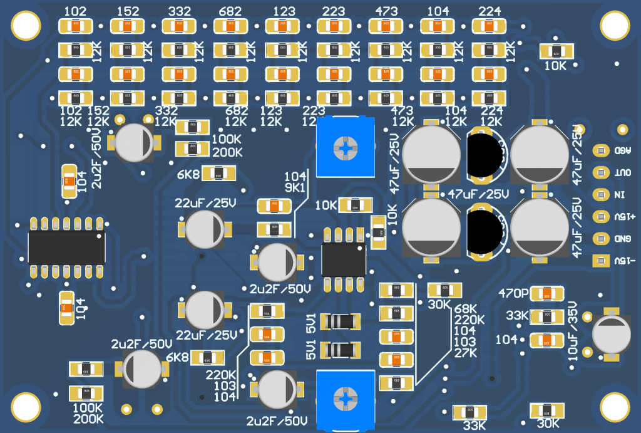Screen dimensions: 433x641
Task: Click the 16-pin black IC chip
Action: pyautogui.click(x=66, y=248)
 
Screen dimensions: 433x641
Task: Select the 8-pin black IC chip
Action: pyautogui.click(x=343, y=260)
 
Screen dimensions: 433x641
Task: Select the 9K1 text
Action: pyautogui.click(x=295, y=187)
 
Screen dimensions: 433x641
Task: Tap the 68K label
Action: pyautogui.click(x=466, y=309)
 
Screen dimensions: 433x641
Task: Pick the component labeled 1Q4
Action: pyautogui.click(x=66, y=307)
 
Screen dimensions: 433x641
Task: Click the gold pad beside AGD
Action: pyautogui.click(x=600, y=151)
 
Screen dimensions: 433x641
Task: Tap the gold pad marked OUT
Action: pyautogui.click(x=600, y=173)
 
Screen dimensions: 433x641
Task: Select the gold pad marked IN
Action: pyautogui.click(x=600, y=195)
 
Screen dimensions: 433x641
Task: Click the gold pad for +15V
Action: pyautogui.click(x=600, y=217)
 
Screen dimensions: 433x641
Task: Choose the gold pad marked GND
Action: pyautogui.click(x=600, y=239)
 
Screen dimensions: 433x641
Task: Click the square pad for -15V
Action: pyautogui.click(x=600, y=261)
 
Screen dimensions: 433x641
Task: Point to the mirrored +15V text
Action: pyautogui.click(x=624, y=217)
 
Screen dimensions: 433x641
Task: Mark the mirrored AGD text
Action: pyautogui.click(x=623, y=151)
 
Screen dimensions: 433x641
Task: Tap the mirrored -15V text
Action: pyautogui.click(x=625, y=261)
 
